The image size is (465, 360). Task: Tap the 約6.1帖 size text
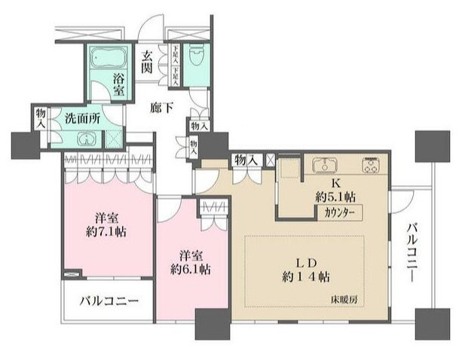tap(189, 268)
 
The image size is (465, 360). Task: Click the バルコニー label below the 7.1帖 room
tap(110, 302)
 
